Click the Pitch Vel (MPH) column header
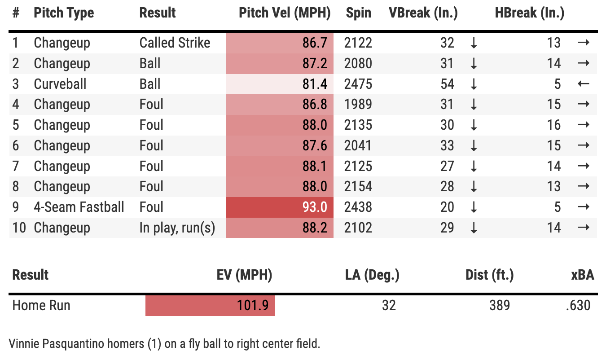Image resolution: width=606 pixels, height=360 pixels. coord(285,13)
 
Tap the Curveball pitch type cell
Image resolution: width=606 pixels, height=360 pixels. coord(60,84)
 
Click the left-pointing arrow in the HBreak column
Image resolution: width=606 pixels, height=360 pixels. coord(583,84)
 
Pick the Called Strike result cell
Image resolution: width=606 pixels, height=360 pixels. coord(175,43)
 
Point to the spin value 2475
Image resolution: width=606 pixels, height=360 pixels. coord(358,84)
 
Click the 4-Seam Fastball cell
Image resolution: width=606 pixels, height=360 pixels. coord(79,207)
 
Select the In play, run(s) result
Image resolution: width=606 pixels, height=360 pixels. coord(177,228)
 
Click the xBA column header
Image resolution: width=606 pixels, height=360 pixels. coord(583,275)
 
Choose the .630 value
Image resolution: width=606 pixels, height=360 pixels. coord(578,306)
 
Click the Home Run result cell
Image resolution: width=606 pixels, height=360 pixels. coord(41,306)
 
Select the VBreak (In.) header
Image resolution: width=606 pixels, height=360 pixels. coord(423,13)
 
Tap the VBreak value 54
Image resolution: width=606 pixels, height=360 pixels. coord(447,84)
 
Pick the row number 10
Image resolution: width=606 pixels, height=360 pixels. coord(19,228)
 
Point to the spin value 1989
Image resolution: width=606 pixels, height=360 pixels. coord(358,105)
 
